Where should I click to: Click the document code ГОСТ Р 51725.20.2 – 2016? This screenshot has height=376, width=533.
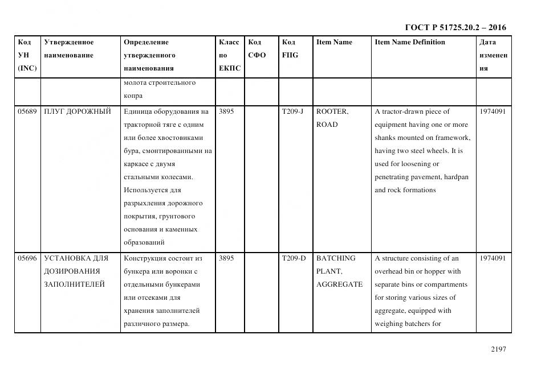tap(455, 27)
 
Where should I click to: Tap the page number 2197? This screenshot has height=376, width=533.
tap(498, 350)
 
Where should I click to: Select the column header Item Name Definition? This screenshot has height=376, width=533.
tap(409, 42)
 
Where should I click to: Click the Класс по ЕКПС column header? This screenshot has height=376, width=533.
tap(229, 55)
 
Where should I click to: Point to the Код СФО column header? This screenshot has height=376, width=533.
tap(257, 49)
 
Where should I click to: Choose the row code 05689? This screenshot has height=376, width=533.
tap(27, 111)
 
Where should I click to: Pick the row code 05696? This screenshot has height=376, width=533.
tap(27, 258)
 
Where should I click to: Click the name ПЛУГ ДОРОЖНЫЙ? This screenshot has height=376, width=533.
tap(77, 111)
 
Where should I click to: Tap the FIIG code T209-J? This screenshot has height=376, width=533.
tap(292, 111)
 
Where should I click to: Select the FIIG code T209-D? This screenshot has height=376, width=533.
tap(293, 258)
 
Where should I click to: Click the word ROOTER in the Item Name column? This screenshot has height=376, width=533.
tap(331, 111)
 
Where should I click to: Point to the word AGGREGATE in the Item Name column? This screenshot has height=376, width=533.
tap(339, 284)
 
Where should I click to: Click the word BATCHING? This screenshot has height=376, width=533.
tap(335, 258)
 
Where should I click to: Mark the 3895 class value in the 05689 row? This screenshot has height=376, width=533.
tap(226, 111)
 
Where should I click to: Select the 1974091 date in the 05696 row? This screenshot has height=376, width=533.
tap(493, 258)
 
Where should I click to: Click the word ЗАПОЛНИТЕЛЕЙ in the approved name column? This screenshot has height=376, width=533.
tap(74, 284)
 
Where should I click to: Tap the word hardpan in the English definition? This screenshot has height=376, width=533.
tap(455, 177)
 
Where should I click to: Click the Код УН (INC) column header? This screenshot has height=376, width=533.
tap(27, 55)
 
